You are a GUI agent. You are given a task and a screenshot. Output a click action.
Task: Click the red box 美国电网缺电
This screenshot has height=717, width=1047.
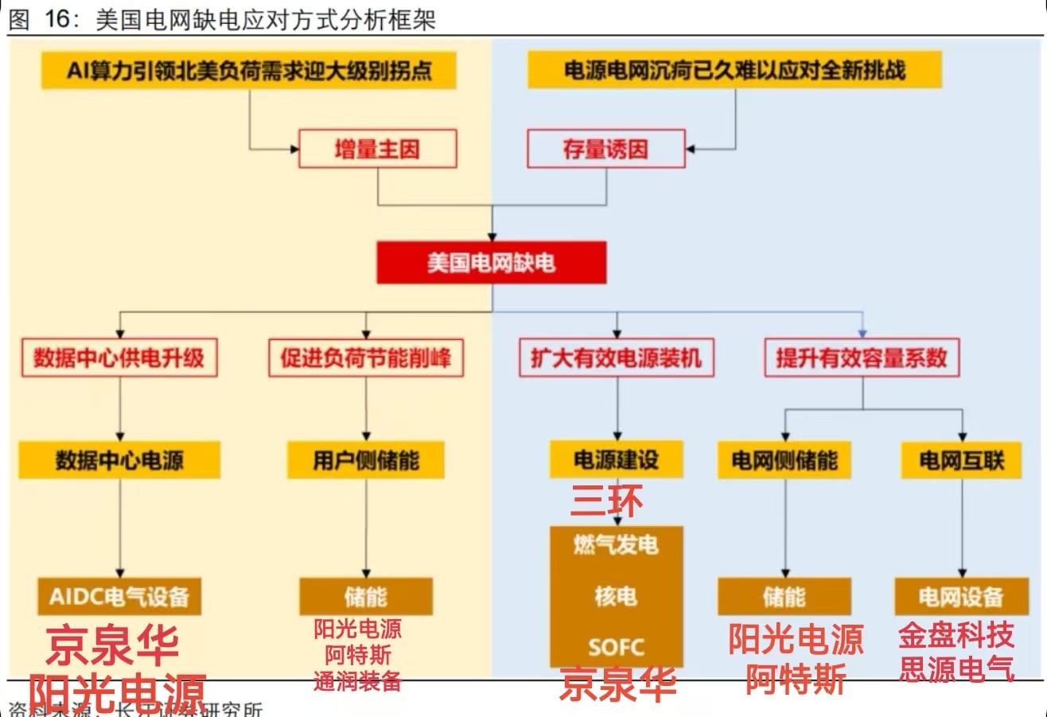(x=490, y=263)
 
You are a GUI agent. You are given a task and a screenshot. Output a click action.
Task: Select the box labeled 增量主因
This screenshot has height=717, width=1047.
(x=377, y=149)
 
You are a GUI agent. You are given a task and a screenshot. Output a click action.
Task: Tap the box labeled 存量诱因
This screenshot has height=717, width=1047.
(x=605, y=149)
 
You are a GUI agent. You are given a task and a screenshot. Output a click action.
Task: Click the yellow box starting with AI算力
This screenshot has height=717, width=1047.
(x=250, y=71)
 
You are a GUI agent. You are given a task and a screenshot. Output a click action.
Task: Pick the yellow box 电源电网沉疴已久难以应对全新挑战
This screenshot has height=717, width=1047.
(x=734, y=71)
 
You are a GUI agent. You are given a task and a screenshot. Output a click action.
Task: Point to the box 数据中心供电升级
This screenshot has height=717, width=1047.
(x=119, y=358)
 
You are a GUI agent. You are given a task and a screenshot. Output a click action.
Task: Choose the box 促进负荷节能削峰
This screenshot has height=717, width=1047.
(x=365, y=358)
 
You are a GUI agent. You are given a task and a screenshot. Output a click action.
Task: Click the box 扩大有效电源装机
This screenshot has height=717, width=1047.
(x=617, y=358)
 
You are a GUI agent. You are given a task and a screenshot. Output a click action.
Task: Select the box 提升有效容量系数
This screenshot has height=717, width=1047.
(x=862, y=358)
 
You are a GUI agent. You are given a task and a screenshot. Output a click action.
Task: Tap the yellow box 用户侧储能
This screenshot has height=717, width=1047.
(x=365, y=461)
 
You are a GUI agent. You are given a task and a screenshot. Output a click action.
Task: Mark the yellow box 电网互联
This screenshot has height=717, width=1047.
(x=961, y=461)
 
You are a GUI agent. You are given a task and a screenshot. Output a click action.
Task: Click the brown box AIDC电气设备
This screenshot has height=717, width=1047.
(x=119, y=597)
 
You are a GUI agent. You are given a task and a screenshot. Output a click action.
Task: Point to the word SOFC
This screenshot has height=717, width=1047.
(x=616, y=646)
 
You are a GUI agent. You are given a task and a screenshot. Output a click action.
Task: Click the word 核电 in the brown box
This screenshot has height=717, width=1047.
(x=616, y=596)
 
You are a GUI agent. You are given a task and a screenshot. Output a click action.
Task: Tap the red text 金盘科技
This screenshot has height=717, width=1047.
(x=956, y=636)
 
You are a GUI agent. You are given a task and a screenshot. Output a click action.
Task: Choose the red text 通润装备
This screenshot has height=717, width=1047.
(x=357, y=681)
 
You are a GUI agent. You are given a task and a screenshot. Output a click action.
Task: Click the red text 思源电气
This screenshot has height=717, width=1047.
(x=956, y=669)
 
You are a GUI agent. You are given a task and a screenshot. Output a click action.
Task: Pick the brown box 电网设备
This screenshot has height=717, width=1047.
(x=960, y=597)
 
